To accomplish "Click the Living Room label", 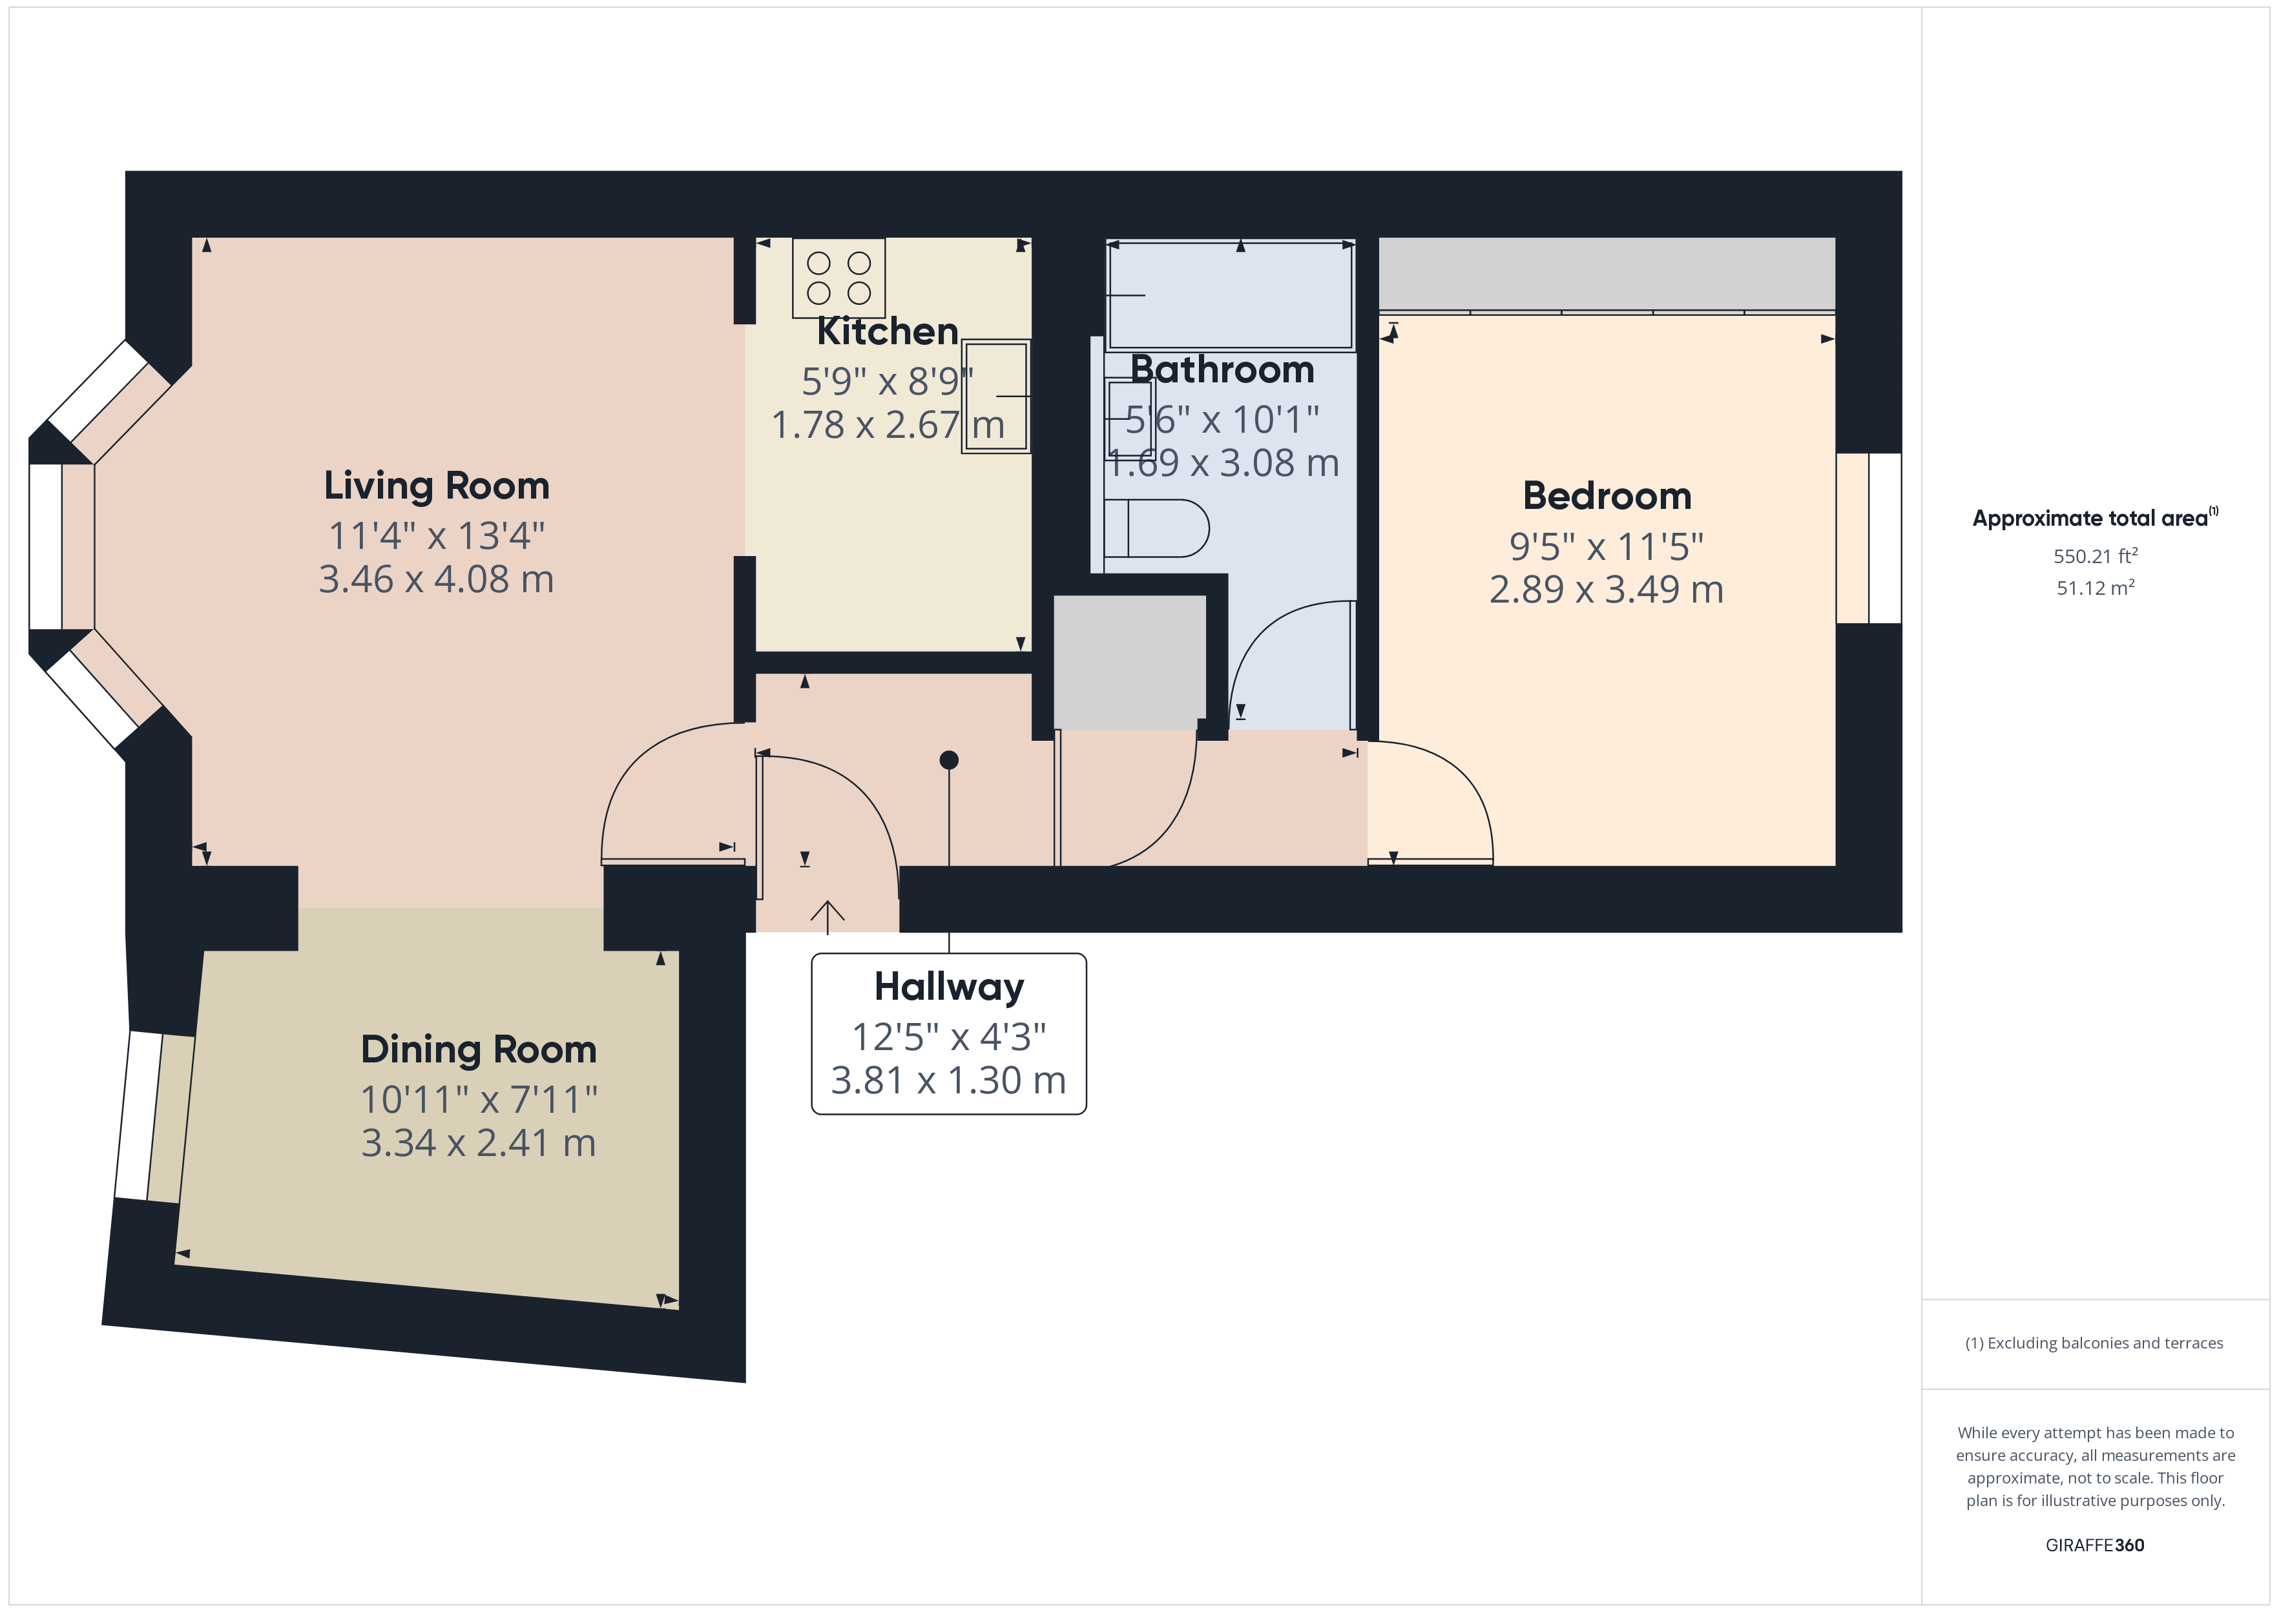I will [437, 486].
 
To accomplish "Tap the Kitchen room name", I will [888, 331].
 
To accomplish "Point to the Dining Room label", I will [479, 1049].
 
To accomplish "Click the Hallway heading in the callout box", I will [949, 987].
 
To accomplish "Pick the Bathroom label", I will [1222, 369].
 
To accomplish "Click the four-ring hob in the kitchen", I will [838, 278].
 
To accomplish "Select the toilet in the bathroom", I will [1156, 528].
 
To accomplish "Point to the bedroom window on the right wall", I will [1869, 538].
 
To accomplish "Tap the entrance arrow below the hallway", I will [828, 915].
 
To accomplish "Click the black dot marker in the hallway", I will [949, 760].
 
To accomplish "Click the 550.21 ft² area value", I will [2096, 556].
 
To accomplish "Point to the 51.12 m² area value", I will [2096, 588].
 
